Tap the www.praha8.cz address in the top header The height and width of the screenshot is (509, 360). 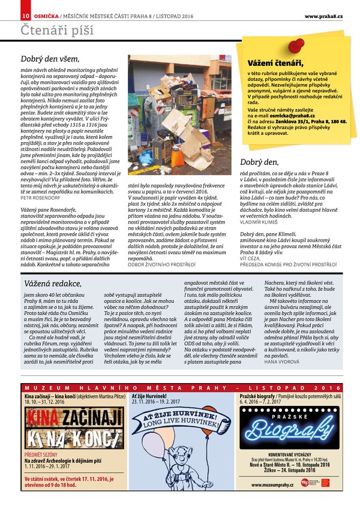click(x=323, y=16)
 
